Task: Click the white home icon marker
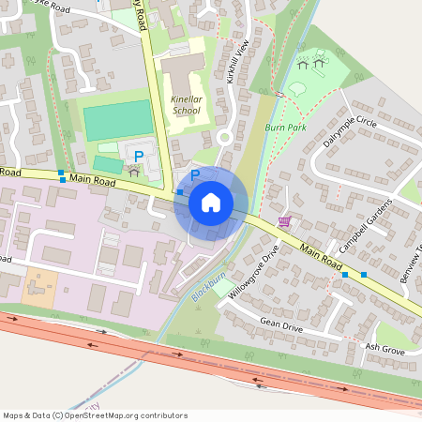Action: click(x=211, y=203)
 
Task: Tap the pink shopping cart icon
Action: click(x=284, y=221)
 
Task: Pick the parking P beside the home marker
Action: click(x=196, y=174)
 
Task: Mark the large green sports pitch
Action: click(x=117, y=120)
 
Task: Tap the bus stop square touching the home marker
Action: click(x=180, y=192)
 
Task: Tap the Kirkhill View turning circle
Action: click(x=225, y=137)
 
